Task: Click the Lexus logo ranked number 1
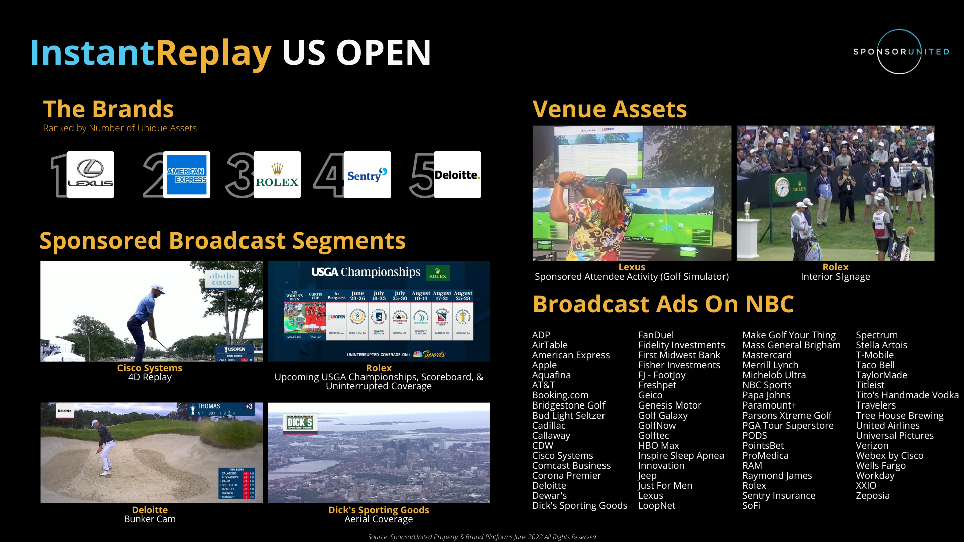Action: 91,175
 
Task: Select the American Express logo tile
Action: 187,175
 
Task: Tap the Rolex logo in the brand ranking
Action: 277,175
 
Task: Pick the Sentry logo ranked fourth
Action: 368,175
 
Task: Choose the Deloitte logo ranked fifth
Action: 457,175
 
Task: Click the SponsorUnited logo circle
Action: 899,52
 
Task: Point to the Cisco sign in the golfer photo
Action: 221,279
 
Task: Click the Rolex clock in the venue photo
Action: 782,187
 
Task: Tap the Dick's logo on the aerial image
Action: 300,423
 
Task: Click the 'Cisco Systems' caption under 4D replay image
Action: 150,368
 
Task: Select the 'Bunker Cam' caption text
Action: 150,519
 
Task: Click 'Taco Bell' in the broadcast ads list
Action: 875,365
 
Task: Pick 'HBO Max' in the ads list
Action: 658,446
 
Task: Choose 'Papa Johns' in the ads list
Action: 766,395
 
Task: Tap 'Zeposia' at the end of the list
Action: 872,496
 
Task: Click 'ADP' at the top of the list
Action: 541,335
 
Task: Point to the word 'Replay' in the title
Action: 213,53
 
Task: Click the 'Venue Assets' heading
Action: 610,109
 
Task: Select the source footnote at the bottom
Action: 481,537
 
